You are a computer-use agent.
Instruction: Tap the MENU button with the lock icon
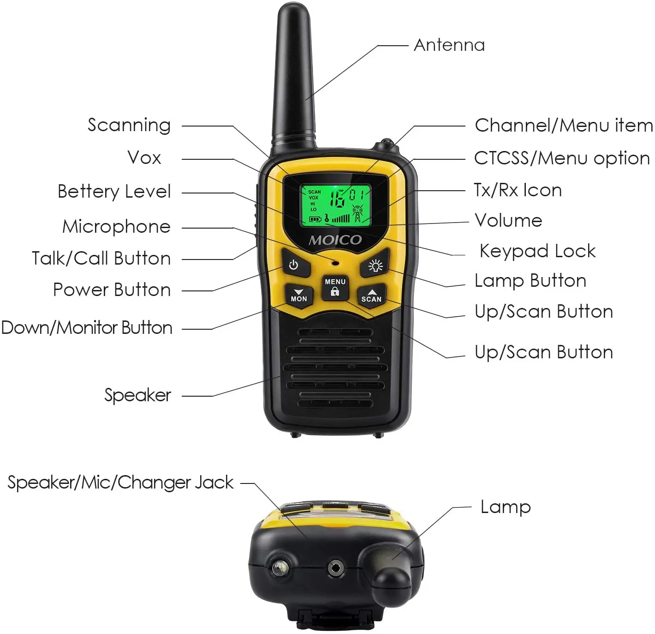(x=335, y=287)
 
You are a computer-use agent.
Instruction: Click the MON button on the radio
(x=298, y=295)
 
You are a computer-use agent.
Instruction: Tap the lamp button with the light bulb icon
(x=375, y=266)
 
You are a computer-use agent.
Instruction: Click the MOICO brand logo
(x=335, y=240)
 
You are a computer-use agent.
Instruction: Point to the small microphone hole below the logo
(x=335, y=263)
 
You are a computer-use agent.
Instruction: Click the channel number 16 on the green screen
(x=337, y=199)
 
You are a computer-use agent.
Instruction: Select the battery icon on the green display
(x=315, y=219)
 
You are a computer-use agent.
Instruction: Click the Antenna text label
(x=449, y=45)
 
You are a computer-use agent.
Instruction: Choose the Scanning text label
(x=129, y=125)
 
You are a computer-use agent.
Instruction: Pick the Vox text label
(x=144, y=158)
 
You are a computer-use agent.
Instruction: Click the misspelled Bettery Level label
(x=114, y=192)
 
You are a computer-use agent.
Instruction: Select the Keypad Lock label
(x=537, y=251)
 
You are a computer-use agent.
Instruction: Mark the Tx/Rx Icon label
(x=518, y=190)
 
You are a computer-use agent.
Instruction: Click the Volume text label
(x=508, y=221)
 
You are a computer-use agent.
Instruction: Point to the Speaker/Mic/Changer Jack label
(x=120, y=483)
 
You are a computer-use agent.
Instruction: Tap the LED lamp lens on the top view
(x=279, y=568)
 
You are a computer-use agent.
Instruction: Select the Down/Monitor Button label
(x=87, y=328)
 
